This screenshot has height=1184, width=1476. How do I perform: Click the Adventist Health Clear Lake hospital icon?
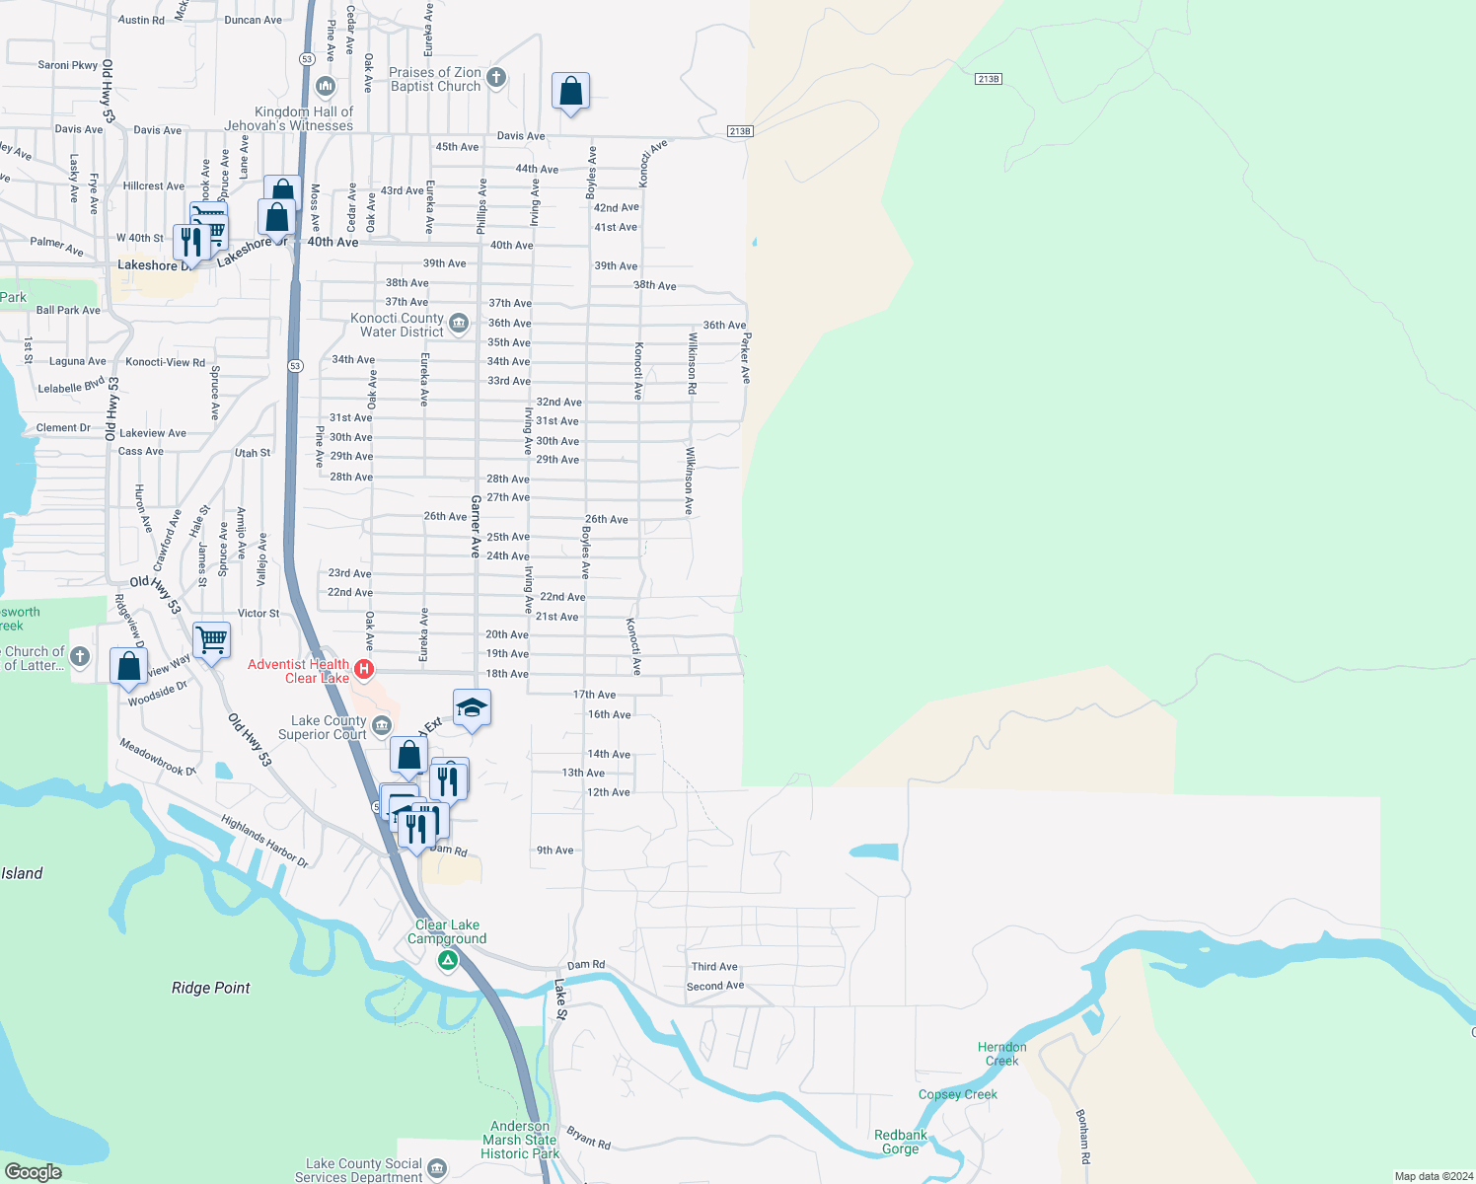click(364, 670)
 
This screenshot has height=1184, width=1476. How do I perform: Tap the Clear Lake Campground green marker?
click(448, 959)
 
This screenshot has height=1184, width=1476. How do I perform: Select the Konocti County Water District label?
click(398, 325)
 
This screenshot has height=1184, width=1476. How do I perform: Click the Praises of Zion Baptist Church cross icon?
click(496, 77)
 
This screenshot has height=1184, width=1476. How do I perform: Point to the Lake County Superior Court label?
click(323, 727)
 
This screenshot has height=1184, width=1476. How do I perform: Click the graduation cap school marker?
click(472, 707)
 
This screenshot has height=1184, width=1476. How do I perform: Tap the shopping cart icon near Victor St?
click(212, 640)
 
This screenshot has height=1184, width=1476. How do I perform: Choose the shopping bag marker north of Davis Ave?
click(570, 92)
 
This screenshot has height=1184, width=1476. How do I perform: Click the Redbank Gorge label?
click(901, 1142)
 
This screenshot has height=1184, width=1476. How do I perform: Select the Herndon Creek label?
click(1001, 1054)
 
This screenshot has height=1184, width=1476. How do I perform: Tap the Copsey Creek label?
click(957, 1094)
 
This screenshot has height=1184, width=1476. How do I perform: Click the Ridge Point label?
click(210, 988)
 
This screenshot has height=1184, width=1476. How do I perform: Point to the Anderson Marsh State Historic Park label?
click(520, 1140)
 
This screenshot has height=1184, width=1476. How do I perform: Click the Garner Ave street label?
click(476, 526)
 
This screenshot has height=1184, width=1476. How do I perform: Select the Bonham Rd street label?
click(1083, 1136)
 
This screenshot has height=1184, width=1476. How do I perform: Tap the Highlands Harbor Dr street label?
click(264, 842)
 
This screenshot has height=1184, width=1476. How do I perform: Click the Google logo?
click(34, 1172)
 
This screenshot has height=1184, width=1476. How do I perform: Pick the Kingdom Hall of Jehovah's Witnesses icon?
click(326, 87)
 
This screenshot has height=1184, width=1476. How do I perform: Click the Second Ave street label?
click(715, 986)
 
